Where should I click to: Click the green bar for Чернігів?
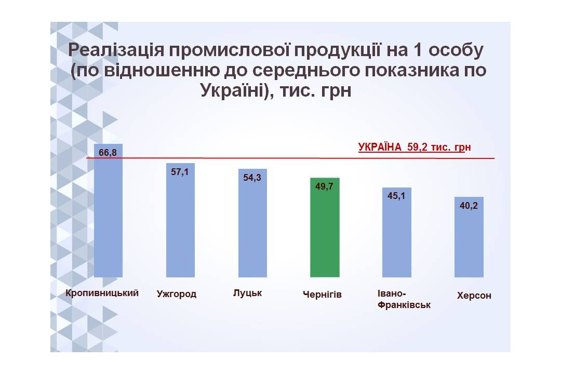pos(325,228)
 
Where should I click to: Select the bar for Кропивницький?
pos(108,210)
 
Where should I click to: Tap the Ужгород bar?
pos(180,220)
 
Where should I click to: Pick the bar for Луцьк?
pos(252,223)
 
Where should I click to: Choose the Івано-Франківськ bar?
pos(397,232)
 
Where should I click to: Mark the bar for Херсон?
pos(469,237)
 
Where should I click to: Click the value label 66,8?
pos(108,153)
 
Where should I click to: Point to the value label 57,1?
pos(180,172)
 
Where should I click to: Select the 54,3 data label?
pos(252,178)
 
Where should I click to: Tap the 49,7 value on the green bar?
pos(324,186)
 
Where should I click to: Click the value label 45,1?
pos(396,196)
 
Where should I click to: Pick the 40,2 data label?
pos(469,205)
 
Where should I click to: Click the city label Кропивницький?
pos(102,293)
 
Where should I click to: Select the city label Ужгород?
pos(177,294)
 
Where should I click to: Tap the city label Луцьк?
pos(248,293)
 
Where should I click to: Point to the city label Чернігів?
pos(322,295)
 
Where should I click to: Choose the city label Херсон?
pos(474,296)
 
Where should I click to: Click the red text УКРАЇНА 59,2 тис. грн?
pos(415,147)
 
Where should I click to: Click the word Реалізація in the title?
pos(116,50)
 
